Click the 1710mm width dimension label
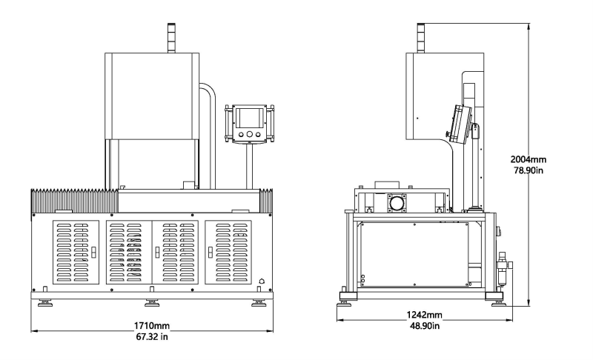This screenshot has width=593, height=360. pyautogui.click(x=152, y=325)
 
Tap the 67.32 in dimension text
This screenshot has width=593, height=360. pyautogui.click(x=152, y=338)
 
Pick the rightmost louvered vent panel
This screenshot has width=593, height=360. pyautogui.click(x=232, y=252)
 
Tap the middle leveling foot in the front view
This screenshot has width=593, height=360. pyautogui.click(x=152, y=302)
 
